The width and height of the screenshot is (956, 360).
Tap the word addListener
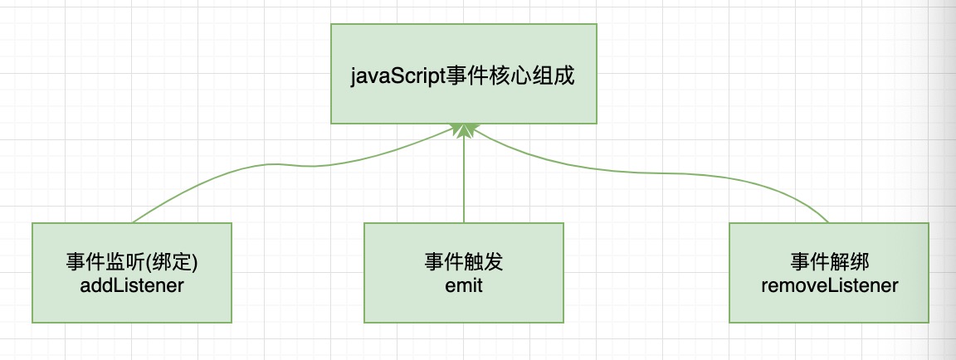(x=132, y=285)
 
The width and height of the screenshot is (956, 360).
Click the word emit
(x=464, y=285)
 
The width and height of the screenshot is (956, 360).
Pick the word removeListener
(x=830, y=285)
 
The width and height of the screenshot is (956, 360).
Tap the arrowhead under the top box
(x=464, y=129)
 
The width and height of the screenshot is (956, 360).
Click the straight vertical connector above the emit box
(x=464, y=179)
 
